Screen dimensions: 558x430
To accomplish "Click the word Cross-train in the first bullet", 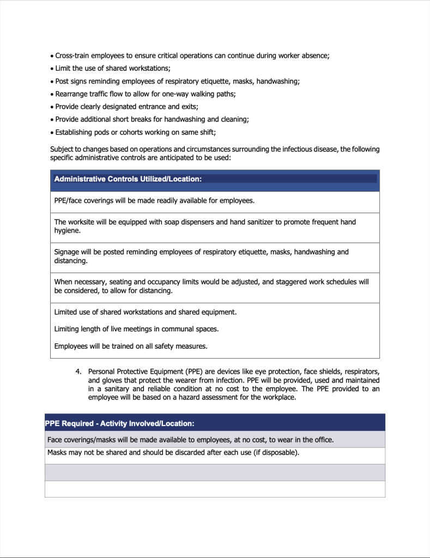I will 73,56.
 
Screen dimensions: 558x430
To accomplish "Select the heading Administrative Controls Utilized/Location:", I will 128,179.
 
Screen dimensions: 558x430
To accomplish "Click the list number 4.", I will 78,371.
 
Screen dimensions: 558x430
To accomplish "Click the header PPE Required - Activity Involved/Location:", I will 119,423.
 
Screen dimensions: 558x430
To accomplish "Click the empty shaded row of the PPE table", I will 215,472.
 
